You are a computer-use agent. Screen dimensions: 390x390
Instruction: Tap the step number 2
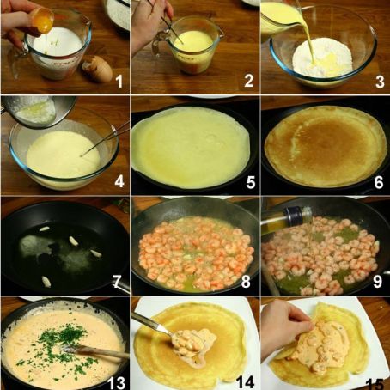pos(247,82)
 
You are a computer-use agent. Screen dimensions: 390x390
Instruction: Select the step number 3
pos(377,82)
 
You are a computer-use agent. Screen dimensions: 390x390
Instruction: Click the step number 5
pos(247,182)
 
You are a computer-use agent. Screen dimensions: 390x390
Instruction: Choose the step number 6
pos(377,182)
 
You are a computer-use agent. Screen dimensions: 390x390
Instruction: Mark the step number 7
pos(118,282)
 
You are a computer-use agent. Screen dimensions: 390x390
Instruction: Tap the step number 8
pos(247,282)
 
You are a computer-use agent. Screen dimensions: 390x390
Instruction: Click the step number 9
pos(377,282)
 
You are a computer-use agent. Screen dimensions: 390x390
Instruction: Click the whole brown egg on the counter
pos(97,68)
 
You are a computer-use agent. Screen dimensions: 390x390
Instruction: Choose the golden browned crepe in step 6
pos(324,146)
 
